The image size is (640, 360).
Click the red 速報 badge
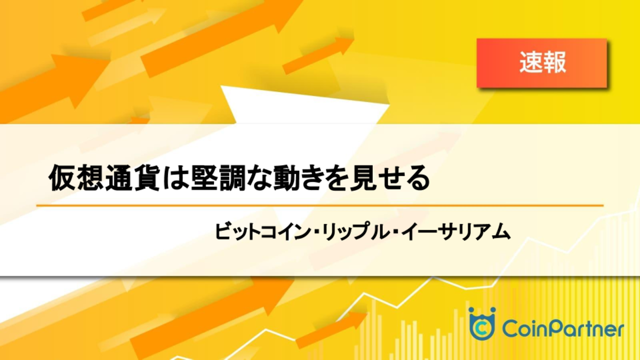542,63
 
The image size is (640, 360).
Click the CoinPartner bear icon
482,323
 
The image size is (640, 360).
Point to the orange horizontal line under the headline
320,205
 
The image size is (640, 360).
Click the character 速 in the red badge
531,62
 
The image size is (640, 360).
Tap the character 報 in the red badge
554,62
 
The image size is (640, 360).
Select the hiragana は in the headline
175,178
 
